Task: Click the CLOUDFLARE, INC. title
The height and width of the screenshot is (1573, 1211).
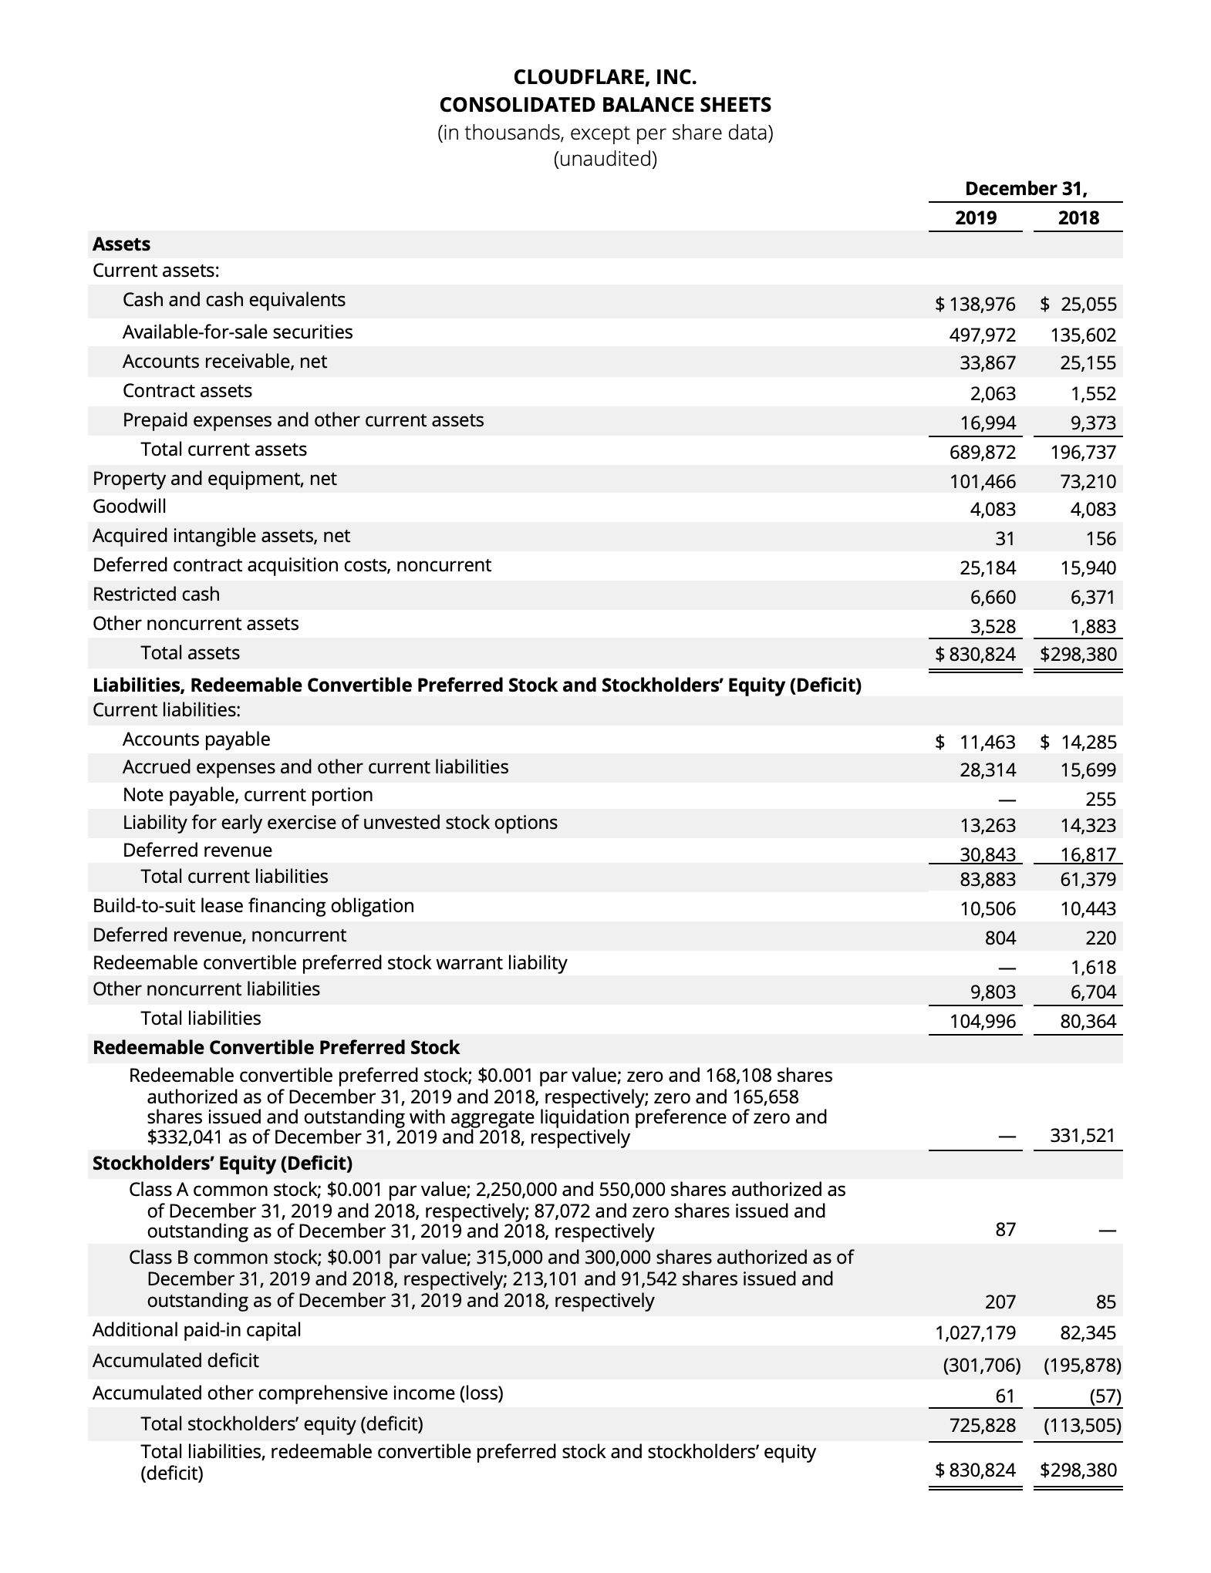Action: (605, 77)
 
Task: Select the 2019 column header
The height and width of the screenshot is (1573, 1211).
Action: (975, 217)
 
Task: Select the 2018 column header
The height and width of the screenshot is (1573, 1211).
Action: (1078, 217)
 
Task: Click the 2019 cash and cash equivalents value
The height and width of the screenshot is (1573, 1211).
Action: (975, 305)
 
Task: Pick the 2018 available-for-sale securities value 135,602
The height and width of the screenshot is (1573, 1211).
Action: (1082, 335)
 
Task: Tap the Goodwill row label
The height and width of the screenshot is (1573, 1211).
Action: (129, 507)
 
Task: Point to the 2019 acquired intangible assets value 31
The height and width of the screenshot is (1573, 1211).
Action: (1004, 538)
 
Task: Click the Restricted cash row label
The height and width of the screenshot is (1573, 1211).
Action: (156, 595)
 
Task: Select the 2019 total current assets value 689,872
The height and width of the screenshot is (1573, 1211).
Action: (981, 452)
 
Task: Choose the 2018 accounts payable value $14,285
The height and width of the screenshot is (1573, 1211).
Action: (1078, 743)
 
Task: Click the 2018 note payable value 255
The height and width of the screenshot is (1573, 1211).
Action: (1100, 799)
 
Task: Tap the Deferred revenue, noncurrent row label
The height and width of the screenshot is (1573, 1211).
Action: (219, 935)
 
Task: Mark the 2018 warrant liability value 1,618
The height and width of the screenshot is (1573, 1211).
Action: (1094, 967)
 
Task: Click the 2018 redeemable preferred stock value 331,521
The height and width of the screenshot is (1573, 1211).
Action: (1082, 1135)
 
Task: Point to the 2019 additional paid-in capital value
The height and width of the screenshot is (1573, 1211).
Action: (975, 1332)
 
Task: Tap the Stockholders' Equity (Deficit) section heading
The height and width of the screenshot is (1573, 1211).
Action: (222, 1163)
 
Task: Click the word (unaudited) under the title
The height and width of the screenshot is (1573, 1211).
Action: (605, 160)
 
